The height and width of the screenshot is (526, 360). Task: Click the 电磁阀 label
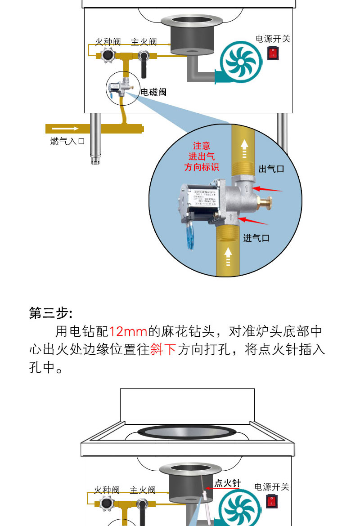153,92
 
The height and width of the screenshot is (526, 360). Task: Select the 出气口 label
271,169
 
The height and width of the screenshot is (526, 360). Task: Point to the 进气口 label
256,238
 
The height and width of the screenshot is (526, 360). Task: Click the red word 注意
202,146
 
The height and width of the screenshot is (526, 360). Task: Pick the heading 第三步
50,313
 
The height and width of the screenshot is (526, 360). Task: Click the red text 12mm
128,332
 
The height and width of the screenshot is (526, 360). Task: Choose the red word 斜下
163,349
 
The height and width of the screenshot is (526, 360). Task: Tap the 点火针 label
227,483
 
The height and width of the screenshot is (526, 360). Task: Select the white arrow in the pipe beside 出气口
244,148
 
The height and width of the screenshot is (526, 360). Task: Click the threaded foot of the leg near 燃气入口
95,160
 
